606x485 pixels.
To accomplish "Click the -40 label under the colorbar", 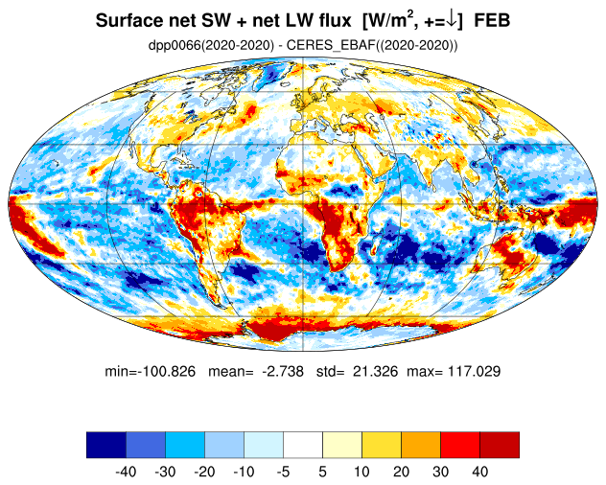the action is [x=126, y=472].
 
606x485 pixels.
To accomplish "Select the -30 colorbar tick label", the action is [x=165, y=472].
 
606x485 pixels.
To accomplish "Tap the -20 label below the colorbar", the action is [x=204, y=472].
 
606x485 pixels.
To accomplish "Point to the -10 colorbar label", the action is [x=244, y=472].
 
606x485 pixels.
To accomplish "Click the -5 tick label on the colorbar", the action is [x=283, y=472].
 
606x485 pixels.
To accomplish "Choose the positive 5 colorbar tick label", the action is [x=323, y=472].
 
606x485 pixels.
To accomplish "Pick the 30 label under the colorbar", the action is [x=440, y=472].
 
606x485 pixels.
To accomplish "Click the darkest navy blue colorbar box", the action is [x=106, y=445].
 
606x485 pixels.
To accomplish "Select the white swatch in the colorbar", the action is [x=303, y=445].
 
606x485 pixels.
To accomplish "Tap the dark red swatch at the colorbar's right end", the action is [x=500, y=445].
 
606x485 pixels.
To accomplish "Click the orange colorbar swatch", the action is [x=421, y=445].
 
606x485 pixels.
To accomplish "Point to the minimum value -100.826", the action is [x=168, y=371].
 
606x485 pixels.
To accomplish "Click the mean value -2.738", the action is [x=283, y=371].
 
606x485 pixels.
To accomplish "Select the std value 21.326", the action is [x=375, y=371].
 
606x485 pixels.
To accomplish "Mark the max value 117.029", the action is [x=475, y=371].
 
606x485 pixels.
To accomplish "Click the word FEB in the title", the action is [x=492, y=20].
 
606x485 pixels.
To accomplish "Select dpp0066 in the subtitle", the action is [x=175, y=46].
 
